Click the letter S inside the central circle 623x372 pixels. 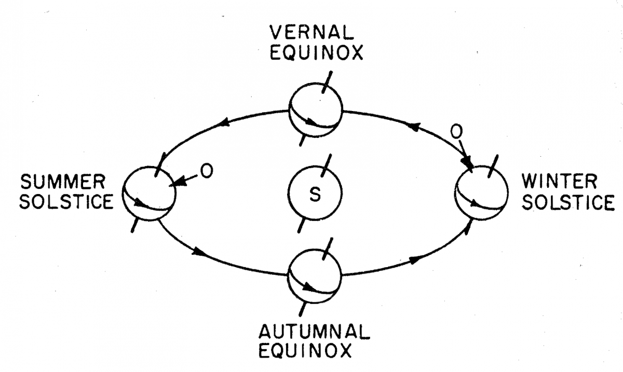[314, 195]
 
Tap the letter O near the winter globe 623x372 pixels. [455, 133]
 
